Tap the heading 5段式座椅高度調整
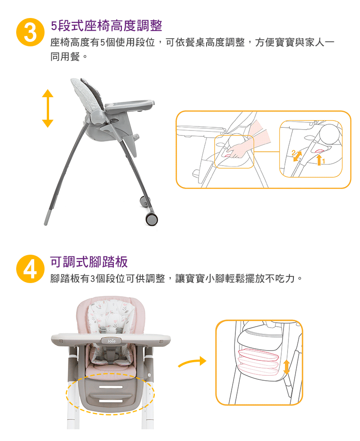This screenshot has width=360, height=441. pyautogui.click(x=106, y=26)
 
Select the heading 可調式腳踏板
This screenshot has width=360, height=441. pyautogui.click(x=89, y=262)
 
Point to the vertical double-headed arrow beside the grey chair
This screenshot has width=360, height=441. pyautogui.click(x=48, y=108)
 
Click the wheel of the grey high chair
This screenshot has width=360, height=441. pyautogui.click(x=152, y=219)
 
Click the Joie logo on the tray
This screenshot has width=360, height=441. pyautogui.click(x=111, y=342)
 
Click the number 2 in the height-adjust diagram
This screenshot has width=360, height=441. pyautogui.click(x=293, y=152)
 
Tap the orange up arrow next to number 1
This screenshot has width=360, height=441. pyautogui.click(x=319, y=160)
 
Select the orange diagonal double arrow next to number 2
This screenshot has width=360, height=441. pyautogui.click(x=298, y=156)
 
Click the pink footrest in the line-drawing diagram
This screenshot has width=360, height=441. pyautogui.click(x=259, y=360)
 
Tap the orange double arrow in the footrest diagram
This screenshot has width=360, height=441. pyautogui.click(x=287, y=367)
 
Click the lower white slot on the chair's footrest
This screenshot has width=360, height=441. pyautogui.click(x=111, y=400)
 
